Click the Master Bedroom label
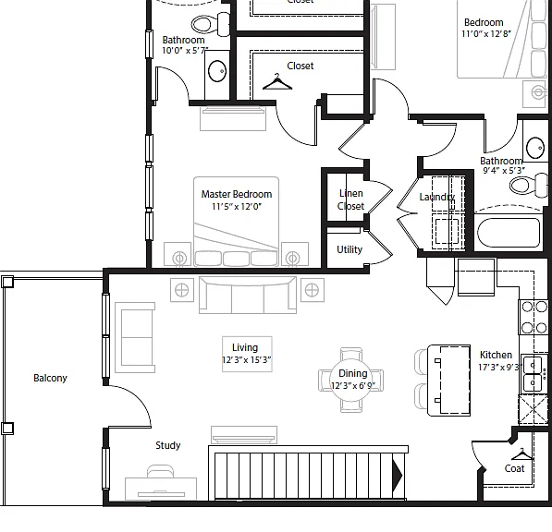coord(236,194)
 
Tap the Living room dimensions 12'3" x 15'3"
coord(247,359)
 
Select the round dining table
coord(352,380)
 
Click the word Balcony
coord(50,378)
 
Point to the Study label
coord(168,445)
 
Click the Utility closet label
coord(350,249)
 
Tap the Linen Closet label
coord(350,199)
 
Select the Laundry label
coord(436,197)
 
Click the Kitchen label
coord(496,355)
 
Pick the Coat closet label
coord(514,468)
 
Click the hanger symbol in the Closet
coord(277,82)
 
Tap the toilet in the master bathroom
coord(211,24)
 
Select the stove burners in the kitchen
coord(534,318)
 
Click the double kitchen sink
coord(533,373)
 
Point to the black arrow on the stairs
coord(398,476)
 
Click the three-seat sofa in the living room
coord(248,295)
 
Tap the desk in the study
coord(161,489)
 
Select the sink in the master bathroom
coord(217,71)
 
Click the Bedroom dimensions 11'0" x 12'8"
coord(486,34)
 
